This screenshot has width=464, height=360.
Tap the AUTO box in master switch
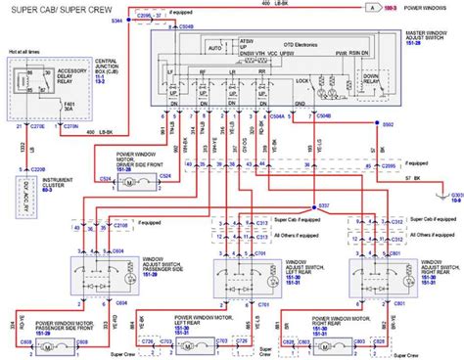tap(215, 46)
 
